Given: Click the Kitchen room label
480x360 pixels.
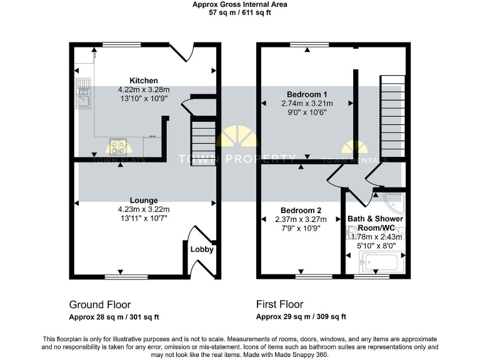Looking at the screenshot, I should [143, 81].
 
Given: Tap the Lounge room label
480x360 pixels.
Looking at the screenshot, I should [144, 201].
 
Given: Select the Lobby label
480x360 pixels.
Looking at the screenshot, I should [202, 249].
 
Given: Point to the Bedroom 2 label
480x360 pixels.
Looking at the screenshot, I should [301, 210].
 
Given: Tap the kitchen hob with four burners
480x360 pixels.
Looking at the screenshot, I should [117, 146].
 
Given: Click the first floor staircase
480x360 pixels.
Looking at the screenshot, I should [392, 116].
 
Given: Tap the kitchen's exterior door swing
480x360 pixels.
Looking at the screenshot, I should [181, 52].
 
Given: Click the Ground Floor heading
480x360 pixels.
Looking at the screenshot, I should [100, 304].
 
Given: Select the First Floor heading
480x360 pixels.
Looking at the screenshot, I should [279, 304].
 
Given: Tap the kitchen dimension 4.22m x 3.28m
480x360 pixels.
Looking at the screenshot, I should [143, 89].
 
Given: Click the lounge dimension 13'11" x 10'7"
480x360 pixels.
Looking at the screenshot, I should [144, 218].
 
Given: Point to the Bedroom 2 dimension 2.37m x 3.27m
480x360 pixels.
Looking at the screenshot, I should [301, 219].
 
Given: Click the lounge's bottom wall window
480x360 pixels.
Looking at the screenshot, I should [122, 276].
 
